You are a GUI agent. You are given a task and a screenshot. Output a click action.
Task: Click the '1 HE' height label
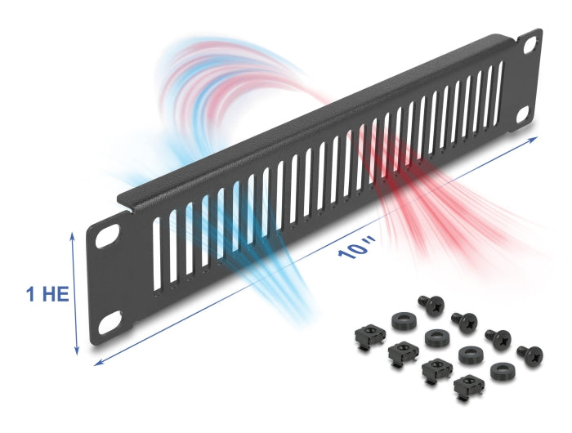[47, 294]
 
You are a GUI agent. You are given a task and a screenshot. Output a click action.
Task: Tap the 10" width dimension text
[357, 248]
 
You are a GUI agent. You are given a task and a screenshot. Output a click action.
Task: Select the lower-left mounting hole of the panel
[109, 321]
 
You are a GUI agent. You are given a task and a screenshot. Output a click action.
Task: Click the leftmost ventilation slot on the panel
[157, 254]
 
